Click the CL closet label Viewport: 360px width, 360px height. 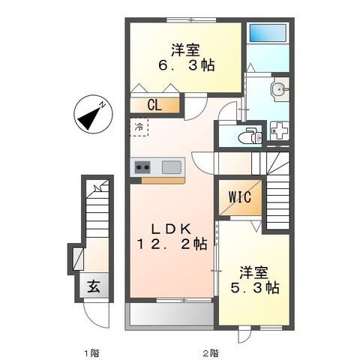[x=154, y=105]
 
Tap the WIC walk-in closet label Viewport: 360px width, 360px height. [x=240, y=197]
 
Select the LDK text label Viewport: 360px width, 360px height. [x=172, y=229]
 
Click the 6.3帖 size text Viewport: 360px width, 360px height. [x=186, y=65]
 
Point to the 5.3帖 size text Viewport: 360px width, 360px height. [x=254, y=287]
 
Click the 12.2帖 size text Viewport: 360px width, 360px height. [x=172, y=244]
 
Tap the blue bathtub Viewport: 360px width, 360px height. [x=268, y=33]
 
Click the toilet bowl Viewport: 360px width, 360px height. [x=246, y=137]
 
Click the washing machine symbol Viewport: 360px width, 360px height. [x=279, y=130]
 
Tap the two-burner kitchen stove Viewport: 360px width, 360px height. [x=142, y=167]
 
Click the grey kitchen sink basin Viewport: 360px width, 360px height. [x=172, y=167]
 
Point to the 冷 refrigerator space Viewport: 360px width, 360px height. [x=139, y=127]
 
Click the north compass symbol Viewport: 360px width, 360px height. [x=93, y=115]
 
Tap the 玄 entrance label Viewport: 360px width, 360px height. [x=93, y=286]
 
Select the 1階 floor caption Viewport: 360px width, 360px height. [x=92, y=353]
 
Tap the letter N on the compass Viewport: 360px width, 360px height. [x=102, y=105]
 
